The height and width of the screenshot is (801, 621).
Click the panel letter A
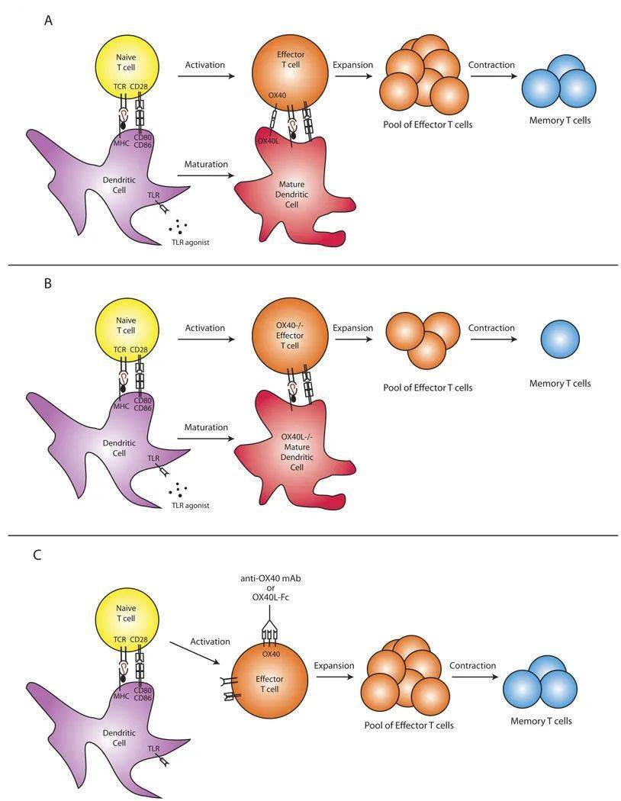(x=48, y=21)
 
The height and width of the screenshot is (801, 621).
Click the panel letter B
(x=48, y=284)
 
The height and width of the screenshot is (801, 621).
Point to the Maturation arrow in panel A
(x=206, y=175)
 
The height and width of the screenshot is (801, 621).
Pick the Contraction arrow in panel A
(x=491, y=77)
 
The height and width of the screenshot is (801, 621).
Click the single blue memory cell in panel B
(x=560, y=339)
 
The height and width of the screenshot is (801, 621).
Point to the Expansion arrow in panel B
(x=353, y=340)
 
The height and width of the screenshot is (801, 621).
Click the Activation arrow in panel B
(x=206, y=340)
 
